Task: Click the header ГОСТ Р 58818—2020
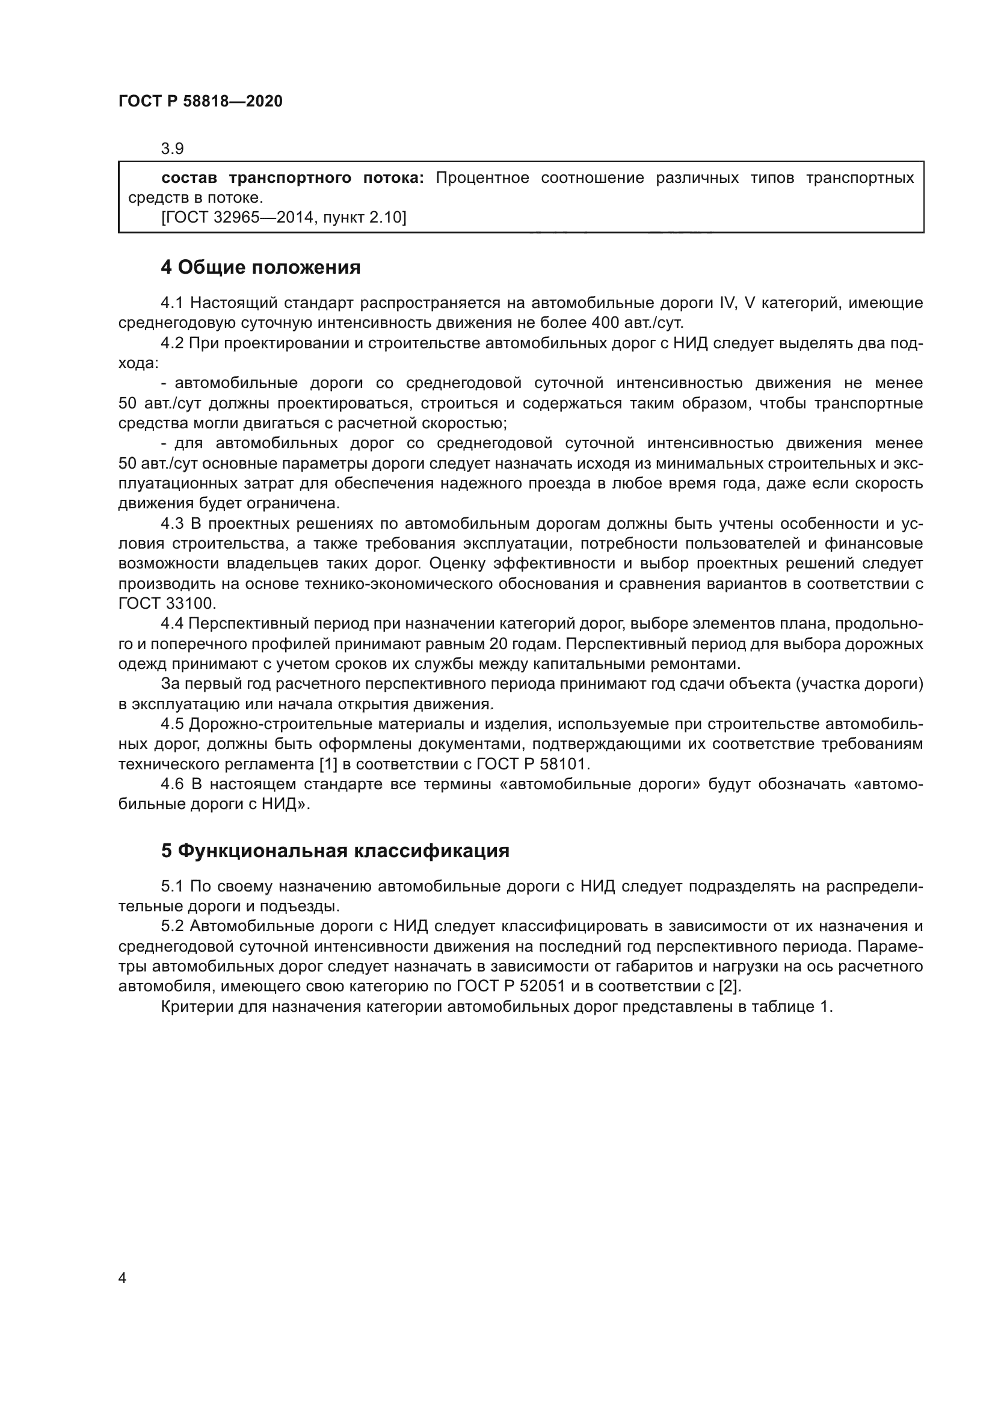point(200,102)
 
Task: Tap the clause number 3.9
point(172,149)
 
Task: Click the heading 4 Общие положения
point(260,268)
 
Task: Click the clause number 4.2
point(172,343)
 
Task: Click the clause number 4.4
point(172,624)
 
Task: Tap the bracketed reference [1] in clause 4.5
point(328,764)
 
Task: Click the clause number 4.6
point(172,784)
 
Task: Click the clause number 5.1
point(172,886)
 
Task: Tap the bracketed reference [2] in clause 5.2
point(730,986)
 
